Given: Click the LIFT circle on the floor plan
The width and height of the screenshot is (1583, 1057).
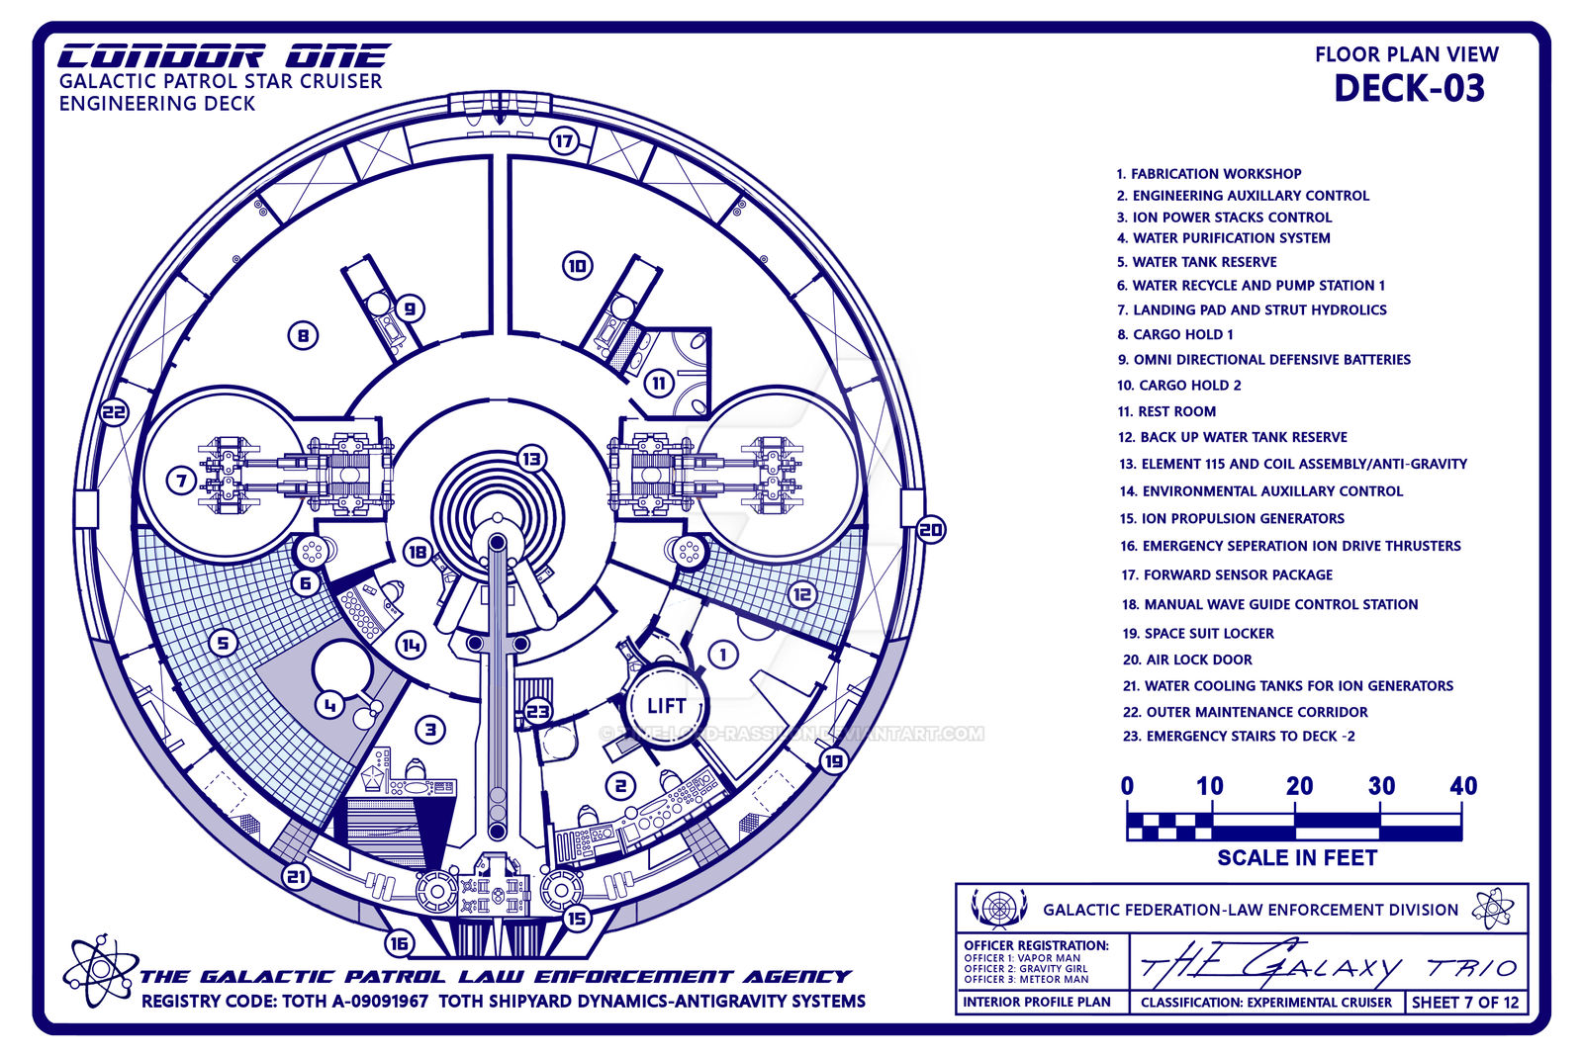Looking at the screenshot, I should point(666,706).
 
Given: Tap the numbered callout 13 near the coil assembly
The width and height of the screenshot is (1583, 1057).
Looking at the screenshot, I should point(531,459).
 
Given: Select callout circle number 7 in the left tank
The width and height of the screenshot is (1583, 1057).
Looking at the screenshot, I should point(181,482).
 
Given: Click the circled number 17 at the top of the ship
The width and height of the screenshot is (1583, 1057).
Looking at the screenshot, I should point(564,140).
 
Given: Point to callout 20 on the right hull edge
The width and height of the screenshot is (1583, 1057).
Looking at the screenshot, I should point(930,530).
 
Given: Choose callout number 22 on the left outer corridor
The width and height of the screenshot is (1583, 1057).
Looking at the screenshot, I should point(115,413).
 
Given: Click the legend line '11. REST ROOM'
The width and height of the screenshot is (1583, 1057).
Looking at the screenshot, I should point(1166,411).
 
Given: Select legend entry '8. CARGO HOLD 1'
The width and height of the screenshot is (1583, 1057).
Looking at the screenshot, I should point(1175,334).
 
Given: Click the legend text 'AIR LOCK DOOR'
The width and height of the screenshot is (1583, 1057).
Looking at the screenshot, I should point(1198,660).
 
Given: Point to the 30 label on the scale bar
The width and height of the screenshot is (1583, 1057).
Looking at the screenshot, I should point(1381,786).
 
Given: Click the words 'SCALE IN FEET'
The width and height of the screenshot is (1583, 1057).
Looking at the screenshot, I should point(1296,857).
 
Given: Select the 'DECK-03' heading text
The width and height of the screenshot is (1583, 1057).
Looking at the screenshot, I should point(1409,89).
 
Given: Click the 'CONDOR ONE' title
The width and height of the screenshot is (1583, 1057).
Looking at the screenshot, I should point(224,56).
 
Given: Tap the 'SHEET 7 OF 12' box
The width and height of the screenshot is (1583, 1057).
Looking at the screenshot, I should point(1464,1002).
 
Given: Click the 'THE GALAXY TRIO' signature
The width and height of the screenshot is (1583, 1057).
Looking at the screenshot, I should point(1326,965).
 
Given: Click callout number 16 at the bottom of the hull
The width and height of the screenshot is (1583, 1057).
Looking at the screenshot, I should point(399,943).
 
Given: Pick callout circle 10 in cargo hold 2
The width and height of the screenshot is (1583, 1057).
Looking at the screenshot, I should point(578,266).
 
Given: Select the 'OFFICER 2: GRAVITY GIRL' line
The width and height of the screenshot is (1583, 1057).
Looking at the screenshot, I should point(1025,969).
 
